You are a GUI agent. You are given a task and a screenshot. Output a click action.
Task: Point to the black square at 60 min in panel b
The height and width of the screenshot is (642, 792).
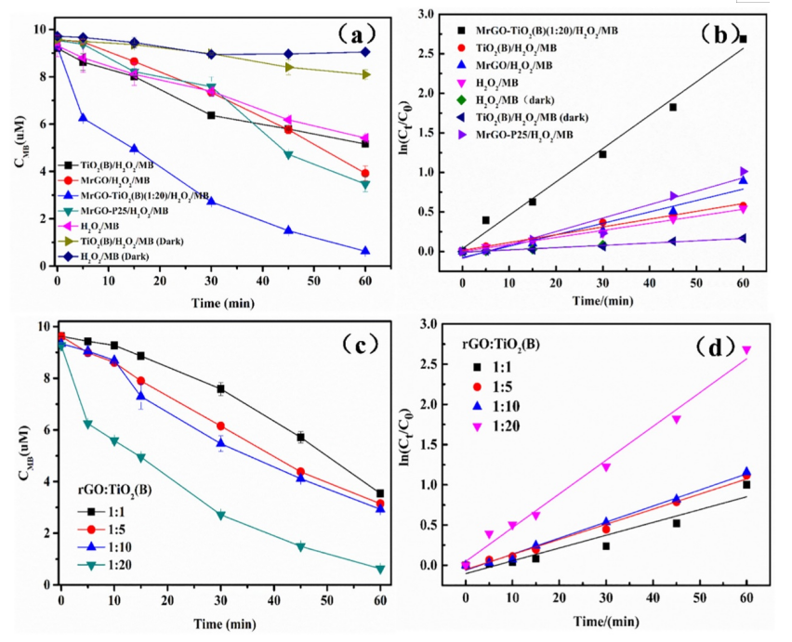(743, 39)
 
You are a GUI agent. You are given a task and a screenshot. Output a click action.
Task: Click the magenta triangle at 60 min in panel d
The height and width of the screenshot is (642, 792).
(746, 350)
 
